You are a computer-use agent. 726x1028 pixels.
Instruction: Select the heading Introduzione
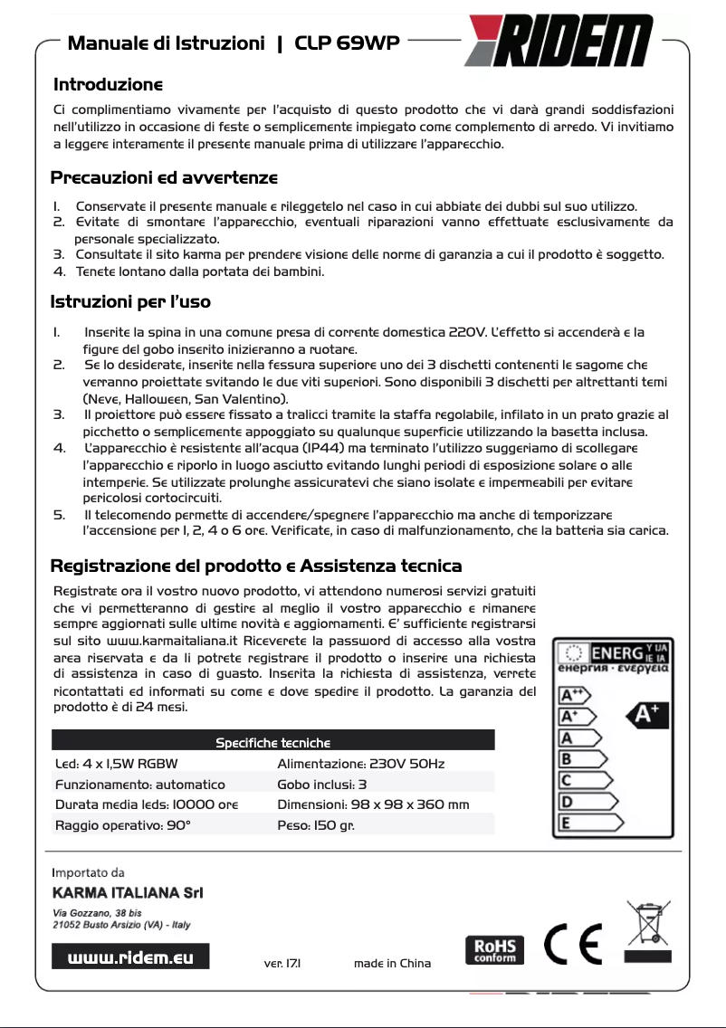click(108, 85)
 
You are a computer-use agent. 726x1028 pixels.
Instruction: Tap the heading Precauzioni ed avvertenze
click(164, 176)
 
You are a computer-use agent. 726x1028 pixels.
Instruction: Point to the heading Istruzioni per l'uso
click(130, 301)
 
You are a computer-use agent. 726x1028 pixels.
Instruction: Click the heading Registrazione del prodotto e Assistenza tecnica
click(255, 566)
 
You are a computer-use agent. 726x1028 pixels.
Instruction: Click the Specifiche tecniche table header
click(272, 742)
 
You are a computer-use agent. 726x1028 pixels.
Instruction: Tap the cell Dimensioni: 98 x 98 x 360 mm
click(372, 804)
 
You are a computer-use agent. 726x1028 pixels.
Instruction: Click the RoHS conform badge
click(494, 949)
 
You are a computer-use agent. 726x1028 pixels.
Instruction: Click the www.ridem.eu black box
click(131, 957)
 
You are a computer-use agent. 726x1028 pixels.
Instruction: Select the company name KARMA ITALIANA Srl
click(128, 893)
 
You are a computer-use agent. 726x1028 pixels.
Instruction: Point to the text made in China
click(392, 963)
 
